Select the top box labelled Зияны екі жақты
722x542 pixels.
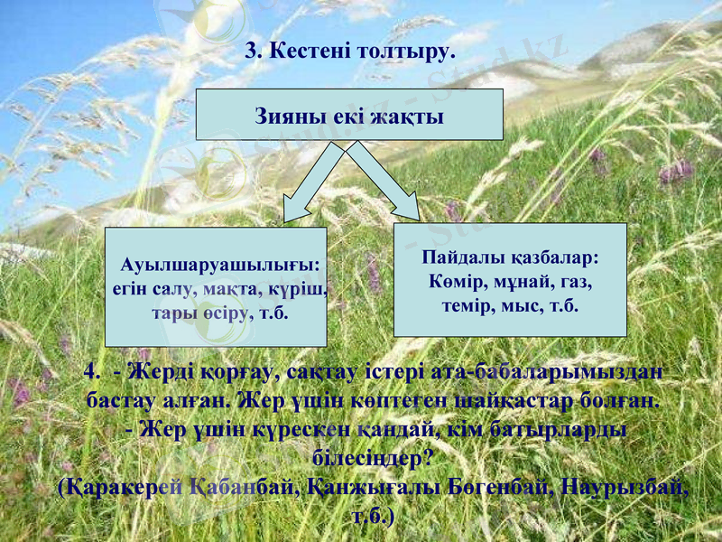click(x=349, y=115)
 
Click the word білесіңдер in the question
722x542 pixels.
click(x=371, y=459)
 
